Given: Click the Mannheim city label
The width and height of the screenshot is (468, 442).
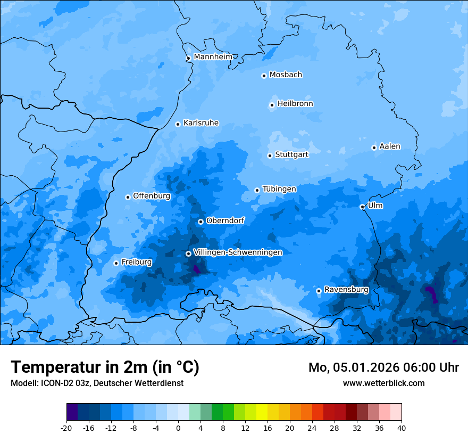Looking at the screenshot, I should point(213,56).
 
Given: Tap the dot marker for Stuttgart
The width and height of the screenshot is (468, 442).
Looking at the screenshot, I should point(270,155).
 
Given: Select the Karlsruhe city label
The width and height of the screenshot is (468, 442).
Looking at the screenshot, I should point(200,123).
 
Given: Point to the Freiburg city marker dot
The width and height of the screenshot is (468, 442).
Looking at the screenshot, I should point(116,263).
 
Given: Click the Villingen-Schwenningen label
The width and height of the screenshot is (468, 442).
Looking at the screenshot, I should point(238,252).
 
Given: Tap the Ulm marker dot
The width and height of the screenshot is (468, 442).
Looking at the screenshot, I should point(362,207).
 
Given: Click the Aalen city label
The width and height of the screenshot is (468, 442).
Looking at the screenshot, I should point(390,146).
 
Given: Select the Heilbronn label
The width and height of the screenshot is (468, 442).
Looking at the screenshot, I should point(295,104).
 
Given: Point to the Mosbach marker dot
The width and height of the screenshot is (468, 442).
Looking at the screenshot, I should point(264,76).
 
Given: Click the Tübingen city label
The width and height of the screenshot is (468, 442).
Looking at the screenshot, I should point(279,189).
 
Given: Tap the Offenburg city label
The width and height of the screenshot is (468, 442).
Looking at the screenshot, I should point(152,196).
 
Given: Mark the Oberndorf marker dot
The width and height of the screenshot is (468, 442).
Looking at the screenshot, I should point(200,222).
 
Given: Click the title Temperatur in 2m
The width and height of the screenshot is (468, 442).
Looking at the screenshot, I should point(105,367).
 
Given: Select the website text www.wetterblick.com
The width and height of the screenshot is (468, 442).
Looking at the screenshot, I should point(383,383).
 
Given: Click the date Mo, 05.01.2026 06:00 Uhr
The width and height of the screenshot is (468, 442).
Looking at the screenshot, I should point(383,367).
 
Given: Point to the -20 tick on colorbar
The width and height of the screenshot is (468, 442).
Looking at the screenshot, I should point(66,428).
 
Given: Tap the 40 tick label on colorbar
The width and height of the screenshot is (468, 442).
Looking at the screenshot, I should point(402,428).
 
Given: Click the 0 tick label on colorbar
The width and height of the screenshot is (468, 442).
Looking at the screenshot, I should point(178,428).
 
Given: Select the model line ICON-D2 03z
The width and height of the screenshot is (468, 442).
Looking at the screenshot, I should point(97,383).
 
